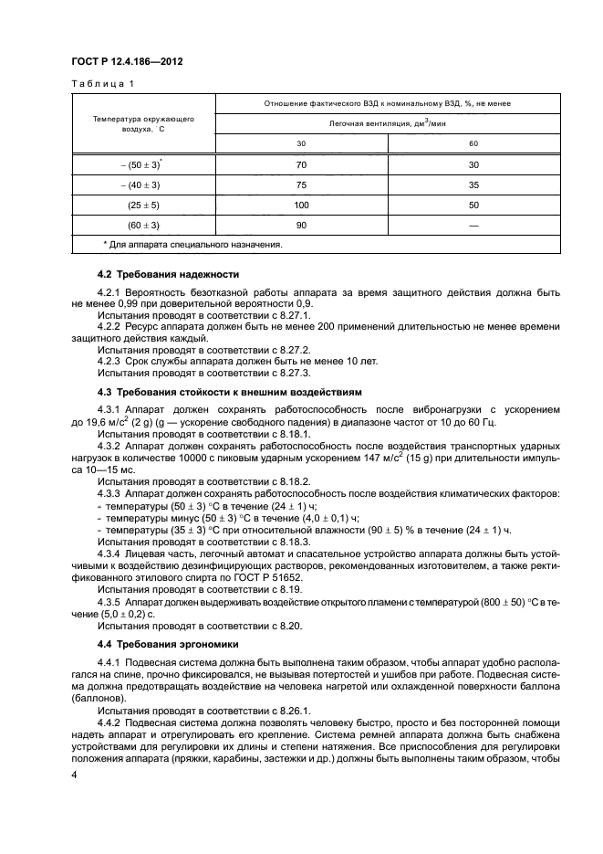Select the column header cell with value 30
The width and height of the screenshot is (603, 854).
point(302,143)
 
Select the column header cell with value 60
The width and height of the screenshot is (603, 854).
point(473,143)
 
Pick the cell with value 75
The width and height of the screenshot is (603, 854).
point(302,185)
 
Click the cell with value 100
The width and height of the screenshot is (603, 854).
point(302,206)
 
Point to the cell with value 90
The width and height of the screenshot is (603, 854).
point(302,226)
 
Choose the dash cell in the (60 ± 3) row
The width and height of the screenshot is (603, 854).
point(473,226)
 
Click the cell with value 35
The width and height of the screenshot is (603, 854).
point(473,185)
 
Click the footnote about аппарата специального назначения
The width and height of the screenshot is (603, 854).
point(192,245)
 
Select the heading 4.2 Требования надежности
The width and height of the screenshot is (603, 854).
point(168,274)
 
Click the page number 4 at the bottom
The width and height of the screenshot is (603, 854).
point(76,775)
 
